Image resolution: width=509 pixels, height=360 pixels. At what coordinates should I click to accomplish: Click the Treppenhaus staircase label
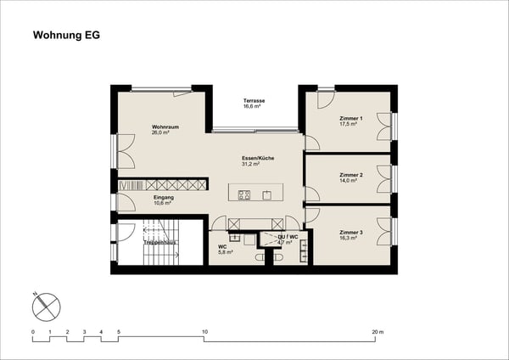point(159,241)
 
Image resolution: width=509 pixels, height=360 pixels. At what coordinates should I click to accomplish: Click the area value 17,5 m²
point(349,124)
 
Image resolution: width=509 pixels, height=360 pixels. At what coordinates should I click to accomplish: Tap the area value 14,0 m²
point(349,181)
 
